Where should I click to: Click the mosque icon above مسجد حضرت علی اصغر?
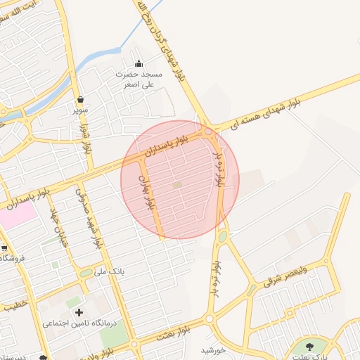point(139,63)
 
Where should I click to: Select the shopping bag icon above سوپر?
point(81,99)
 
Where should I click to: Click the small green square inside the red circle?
point(177,185)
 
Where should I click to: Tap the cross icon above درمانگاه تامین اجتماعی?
point(78,311)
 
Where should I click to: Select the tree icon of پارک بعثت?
point(309,345)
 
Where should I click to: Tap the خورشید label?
point(212,349)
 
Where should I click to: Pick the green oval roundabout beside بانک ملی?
point(84,272)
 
